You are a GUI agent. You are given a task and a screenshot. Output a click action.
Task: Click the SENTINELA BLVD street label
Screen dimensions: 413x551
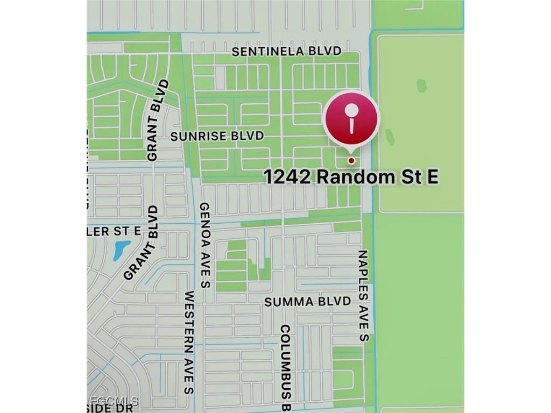click(287, 51)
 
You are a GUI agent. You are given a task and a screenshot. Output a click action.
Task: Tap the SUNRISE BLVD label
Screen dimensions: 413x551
click(217, 136)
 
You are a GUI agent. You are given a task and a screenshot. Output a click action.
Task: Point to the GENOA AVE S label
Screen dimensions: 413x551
click(204, 245)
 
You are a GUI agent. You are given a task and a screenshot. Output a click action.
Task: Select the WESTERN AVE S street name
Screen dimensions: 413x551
click(189, 343)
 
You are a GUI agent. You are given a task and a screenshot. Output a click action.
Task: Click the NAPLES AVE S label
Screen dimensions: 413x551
click(364, 296)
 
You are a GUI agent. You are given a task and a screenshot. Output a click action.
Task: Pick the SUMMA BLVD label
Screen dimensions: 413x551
click(307, 302)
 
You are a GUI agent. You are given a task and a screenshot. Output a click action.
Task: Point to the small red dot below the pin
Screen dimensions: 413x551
click(351, 160)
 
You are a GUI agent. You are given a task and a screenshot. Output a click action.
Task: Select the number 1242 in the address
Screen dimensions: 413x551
click(287, 176)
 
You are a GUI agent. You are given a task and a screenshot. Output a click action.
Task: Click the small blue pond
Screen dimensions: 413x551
click(122, 250)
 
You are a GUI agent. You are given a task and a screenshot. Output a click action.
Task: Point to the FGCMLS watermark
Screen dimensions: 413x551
click(114, 401)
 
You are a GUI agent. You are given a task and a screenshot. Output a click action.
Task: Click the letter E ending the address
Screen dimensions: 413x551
click(433, 176)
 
